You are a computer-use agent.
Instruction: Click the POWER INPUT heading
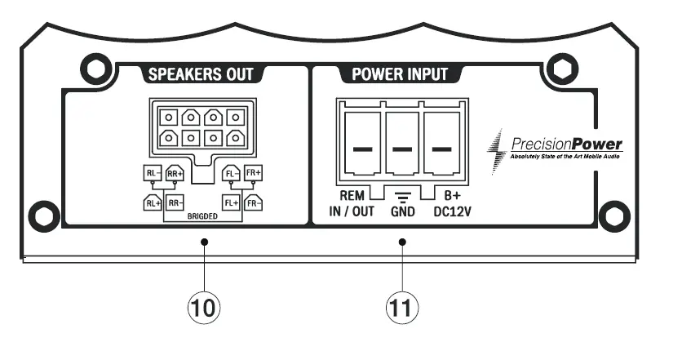pos(400,75)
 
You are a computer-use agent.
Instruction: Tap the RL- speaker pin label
pos(152,173)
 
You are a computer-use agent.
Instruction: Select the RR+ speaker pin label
pos(175,173)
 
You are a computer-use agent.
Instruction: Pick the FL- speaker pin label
pos(230,173)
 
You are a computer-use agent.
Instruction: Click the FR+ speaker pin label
pos(254,173)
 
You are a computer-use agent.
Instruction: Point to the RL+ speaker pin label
pos(152,202)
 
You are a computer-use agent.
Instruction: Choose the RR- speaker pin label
pos(175,202)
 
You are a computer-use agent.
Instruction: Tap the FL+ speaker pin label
pos(230,202)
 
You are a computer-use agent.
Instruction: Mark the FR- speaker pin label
pos(254,202)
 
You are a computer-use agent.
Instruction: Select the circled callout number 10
pos(204,308)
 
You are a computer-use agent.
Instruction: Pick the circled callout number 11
pos(401,308)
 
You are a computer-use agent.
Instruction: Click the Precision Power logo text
pos(564,145)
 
